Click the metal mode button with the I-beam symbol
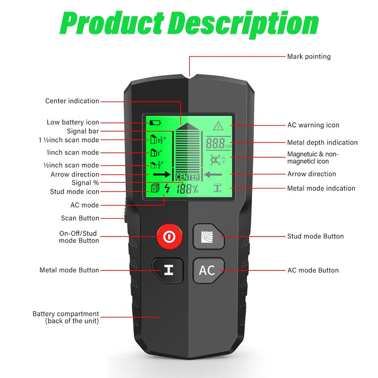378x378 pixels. pyautogui.click(x=168, y=270)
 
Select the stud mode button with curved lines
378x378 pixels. pyautogui.click(x=209, y=236)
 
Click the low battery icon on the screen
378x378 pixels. pyautogui.click(x=155, y=123)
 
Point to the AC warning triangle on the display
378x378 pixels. pyautogui.click(x=218, y=126)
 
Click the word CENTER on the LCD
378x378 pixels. pyautogui.click(x=187, y=177)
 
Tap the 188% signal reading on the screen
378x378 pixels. pyautogui.click(x=187, y=189)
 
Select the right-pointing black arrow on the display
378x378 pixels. pyautogui.click(x=162, y=174)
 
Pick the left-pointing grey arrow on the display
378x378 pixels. pyautogui.click(x=213, y=174)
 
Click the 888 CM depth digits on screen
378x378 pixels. pyautogui.click(x=218, y=143)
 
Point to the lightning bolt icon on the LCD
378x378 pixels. pyautogui.click(x=167, y=188)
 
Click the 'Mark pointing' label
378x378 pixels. pyautogui.click(x=309, y=57)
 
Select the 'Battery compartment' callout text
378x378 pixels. pyautogui.click(x=66, y=317)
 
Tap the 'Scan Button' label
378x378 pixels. pyautogui.click(x=80, y=218)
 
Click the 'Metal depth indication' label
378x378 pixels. pyautogui.click(x=322, y=142)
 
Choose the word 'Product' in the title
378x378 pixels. pyautogui.click(x=112, y=23)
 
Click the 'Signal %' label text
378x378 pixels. pyautogui.click(x=86, y=183)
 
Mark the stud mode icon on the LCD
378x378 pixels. pyautogui.click(x=155, y=188)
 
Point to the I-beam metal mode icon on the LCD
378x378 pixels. pyautogui.click(x=218, y=188)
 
